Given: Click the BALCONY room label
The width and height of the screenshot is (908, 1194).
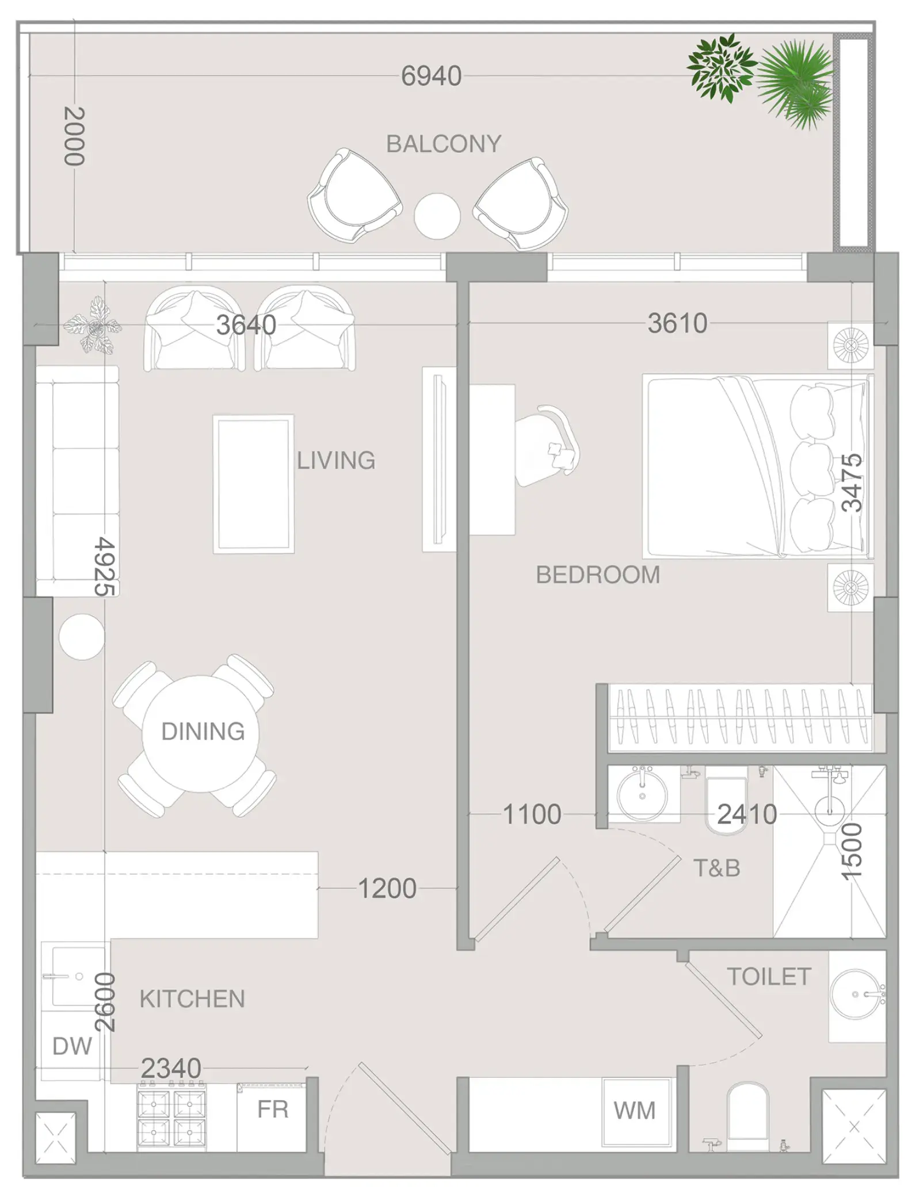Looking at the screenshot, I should [443, 144].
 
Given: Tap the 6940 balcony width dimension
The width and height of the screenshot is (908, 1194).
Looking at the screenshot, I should [431, 76].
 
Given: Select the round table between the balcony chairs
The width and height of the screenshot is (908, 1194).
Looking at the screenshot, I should [437, 216].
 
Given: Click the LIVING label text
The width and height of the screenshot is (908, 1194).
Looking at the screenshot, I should [336, 461].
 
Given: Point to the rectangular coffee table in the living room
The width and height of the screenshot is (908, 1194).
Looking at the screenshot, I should [253, 484].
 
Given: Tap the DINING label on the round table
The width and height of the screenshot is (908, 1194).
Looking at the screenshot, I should [203, 732].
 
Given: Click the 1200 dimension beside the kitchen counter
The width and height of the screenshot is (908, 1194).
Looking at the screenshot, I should [387, 889].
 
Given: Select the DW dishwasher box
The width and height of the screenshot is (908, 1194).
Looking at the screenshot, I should [73, 1046].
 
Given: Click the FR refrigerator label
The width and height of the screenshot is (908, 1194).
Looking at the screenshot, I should [272, 1109].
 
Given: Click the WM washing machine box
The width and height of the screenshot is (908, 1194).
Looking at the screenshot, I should [635, 1111].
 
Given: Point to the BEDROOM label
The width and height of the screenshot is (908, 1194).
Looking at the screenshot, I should [598, 575].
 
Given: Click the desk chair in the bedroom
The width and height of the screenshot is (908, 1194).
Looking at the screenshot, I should [547, 446].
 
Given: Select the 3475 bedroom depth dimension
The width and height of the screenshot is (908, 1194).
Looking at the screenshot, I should [852, 483].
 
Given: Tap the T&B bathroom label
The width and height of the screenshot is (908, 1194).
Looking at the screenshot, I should [716, 868].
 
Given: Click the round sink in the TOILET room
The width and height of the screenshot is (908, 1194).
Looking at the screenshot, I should [856, 994].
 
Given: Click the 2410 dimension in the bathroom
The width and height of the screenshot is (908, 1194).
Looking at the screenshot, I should [747, 814].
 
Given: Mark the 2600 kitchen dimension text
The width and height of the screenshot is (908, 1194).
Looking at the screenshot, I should [105, 1002].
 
